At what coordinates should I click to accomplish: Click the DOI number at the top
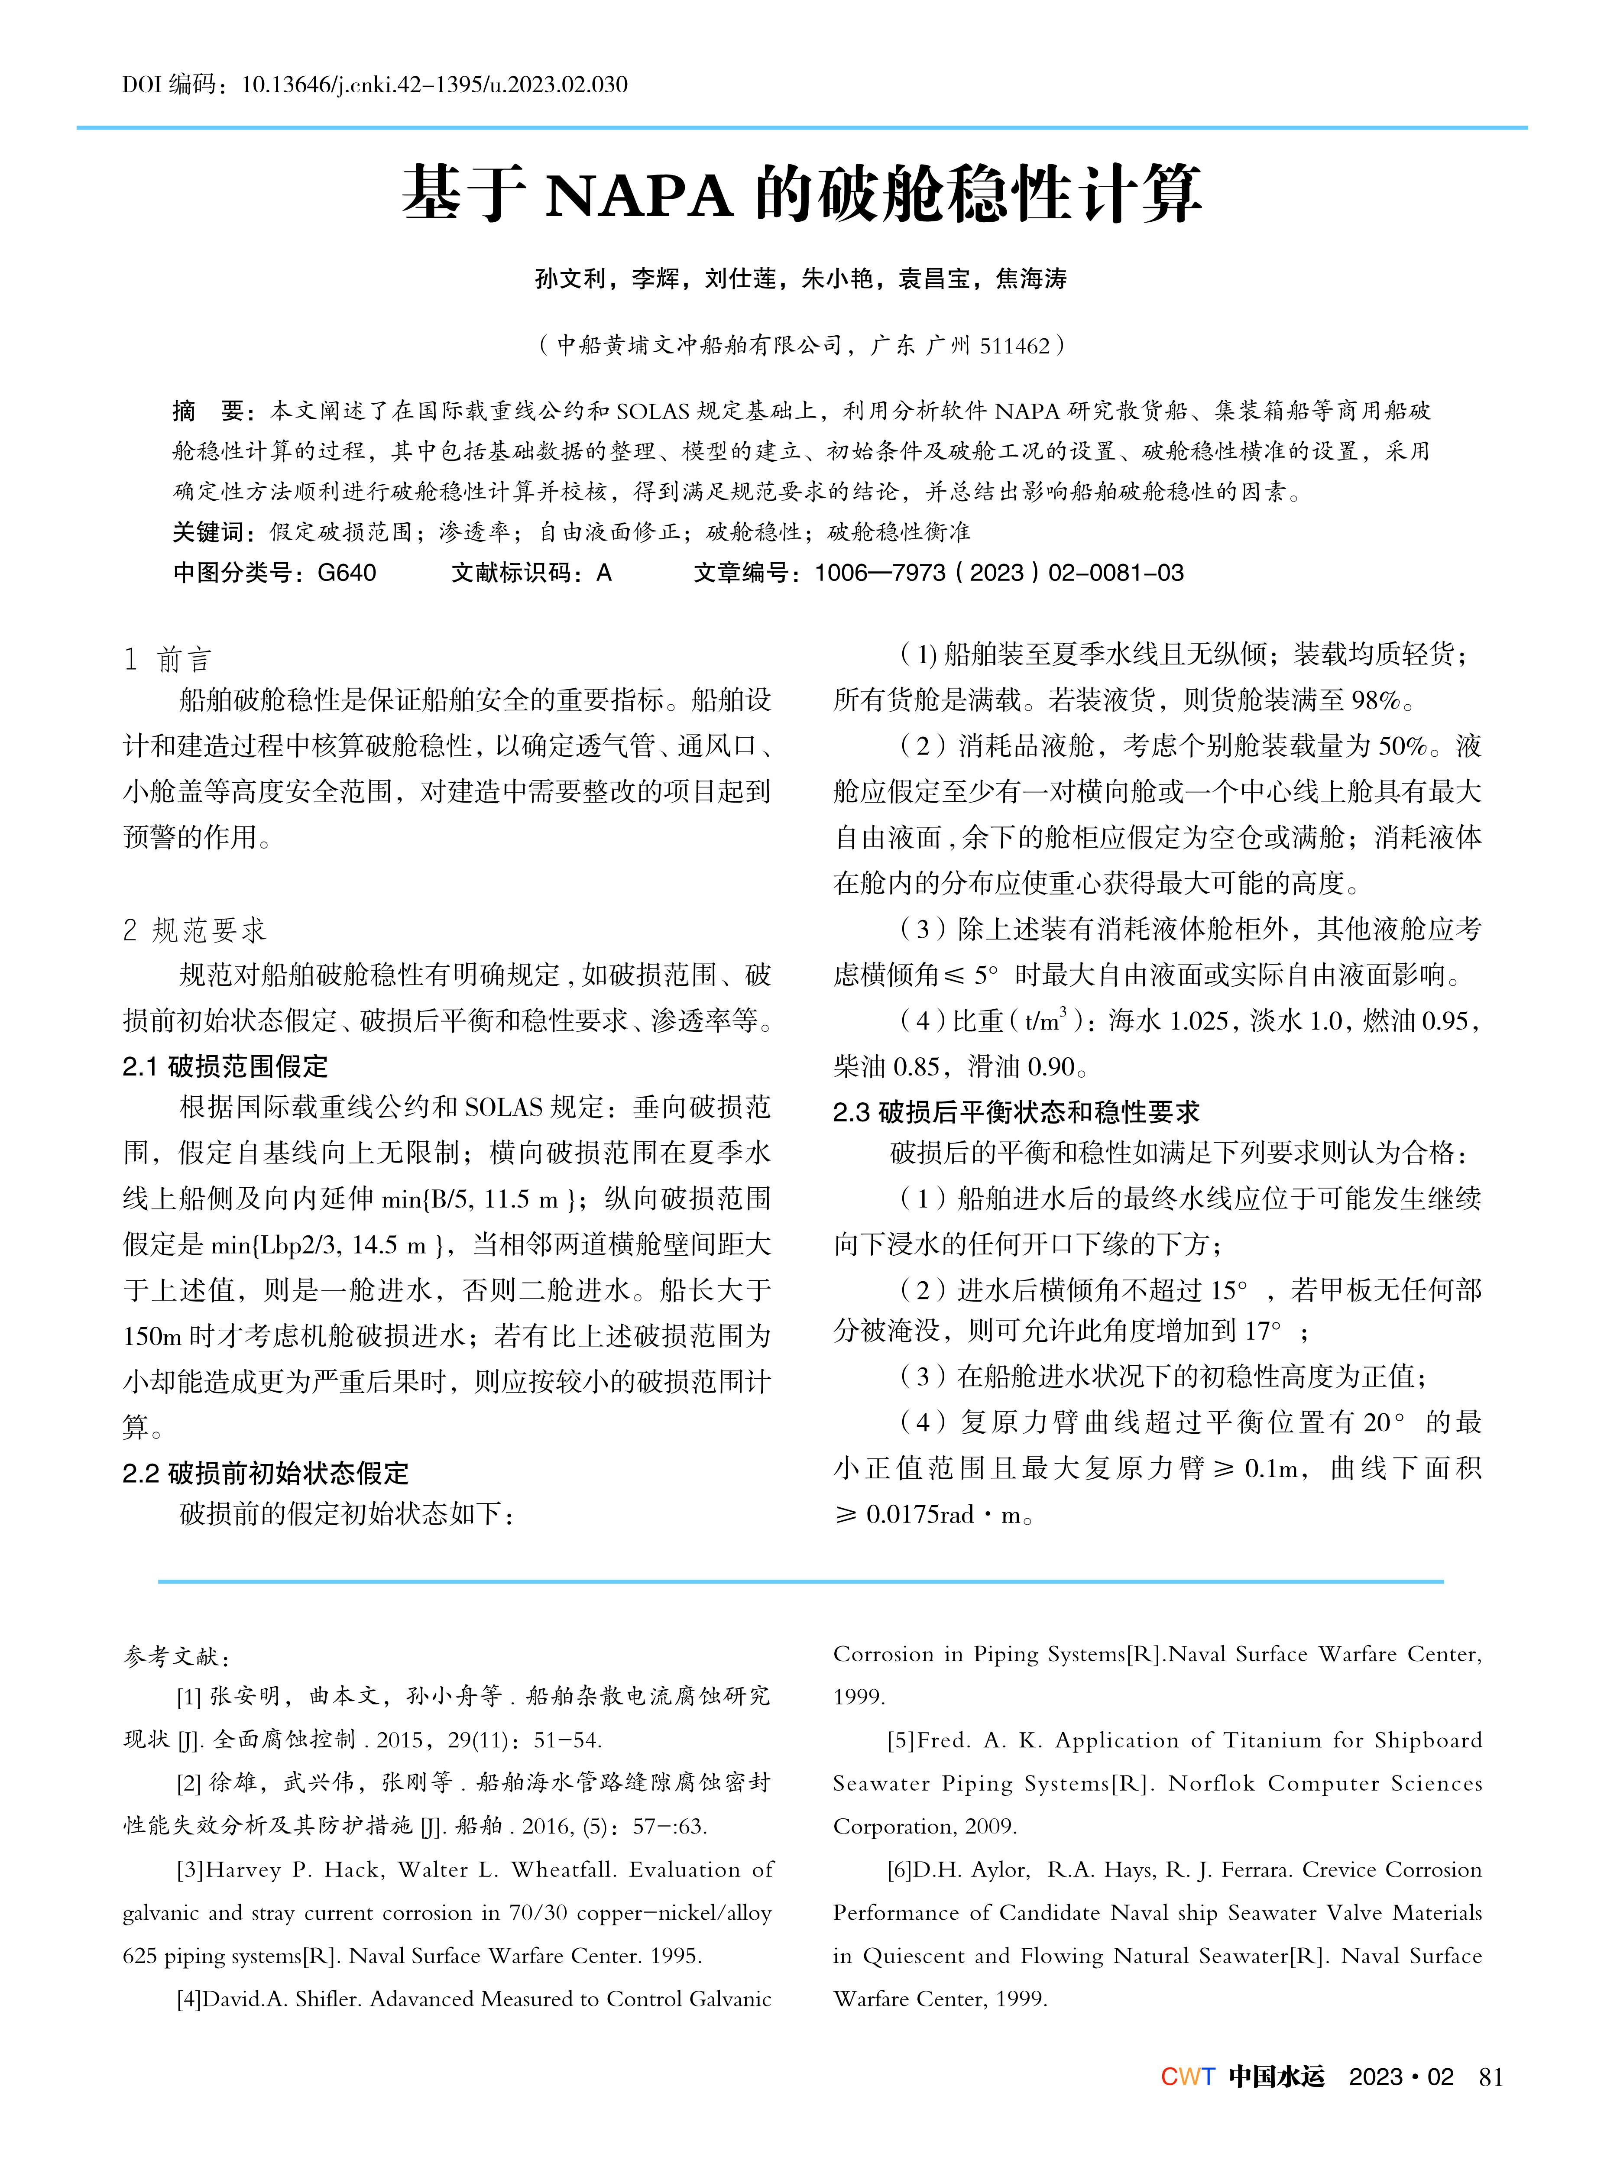click(434, 84)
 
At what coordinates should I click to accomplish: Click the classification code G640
click(347, 573)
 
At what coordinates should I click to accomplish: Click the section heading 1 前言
click(167, 660)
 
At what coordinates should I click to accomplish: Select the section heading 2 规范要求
click(194, 930)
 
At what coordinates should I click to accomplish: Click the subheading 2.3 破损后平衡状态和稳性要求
click(1016, 1112)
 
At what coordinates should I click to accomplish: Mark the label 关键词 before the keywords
click(208, 532)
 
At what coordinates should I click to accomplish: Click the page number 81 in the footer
click(1491, 2077)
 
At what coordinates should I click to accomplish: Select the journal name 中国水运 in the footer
click(1276, 2077)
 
